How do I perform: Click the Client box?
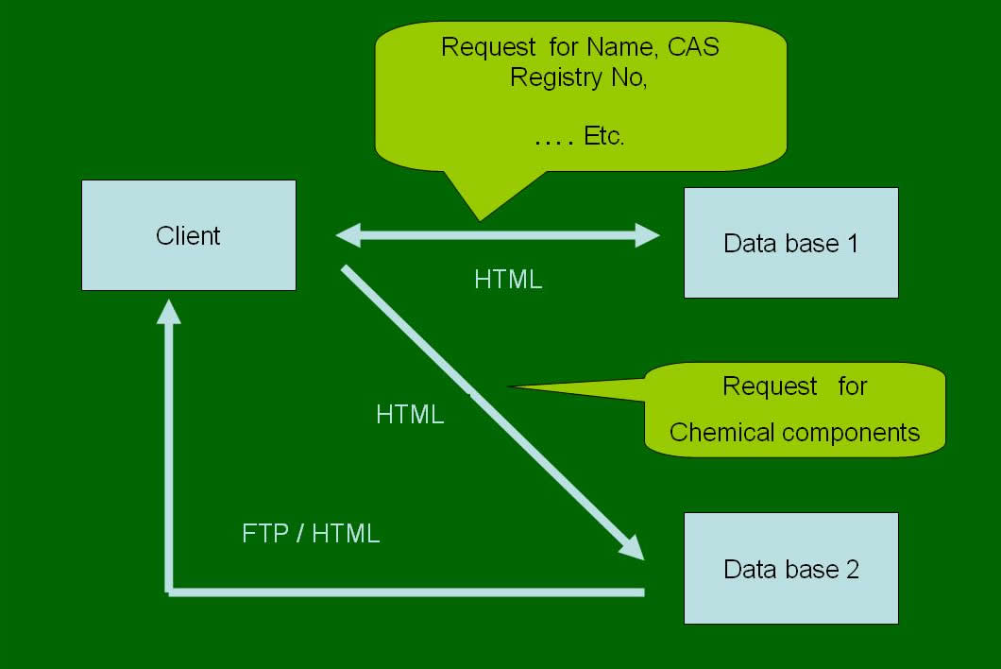click(188, 235)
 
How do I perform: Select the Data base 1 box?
click(790, 243)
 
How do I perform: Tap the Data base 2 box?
click(790, 569)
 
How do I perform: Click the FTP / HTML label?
click(311, 533)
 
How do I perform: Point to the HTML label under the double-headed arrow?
click(508, 280)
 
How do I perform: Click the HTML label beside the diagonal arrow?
click(410, 414)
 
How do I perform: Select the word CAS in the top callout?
click(694, 47)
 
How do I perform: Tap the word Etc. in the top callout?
click(604, 135)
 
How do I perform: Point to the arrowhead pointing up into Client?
click(169, 310)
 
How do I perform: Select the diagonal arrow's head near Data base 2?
click(630, 548)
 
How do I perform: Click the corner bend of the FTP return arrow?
click(170, 592)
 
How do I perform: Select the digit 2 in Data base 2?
click(853, 569)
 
